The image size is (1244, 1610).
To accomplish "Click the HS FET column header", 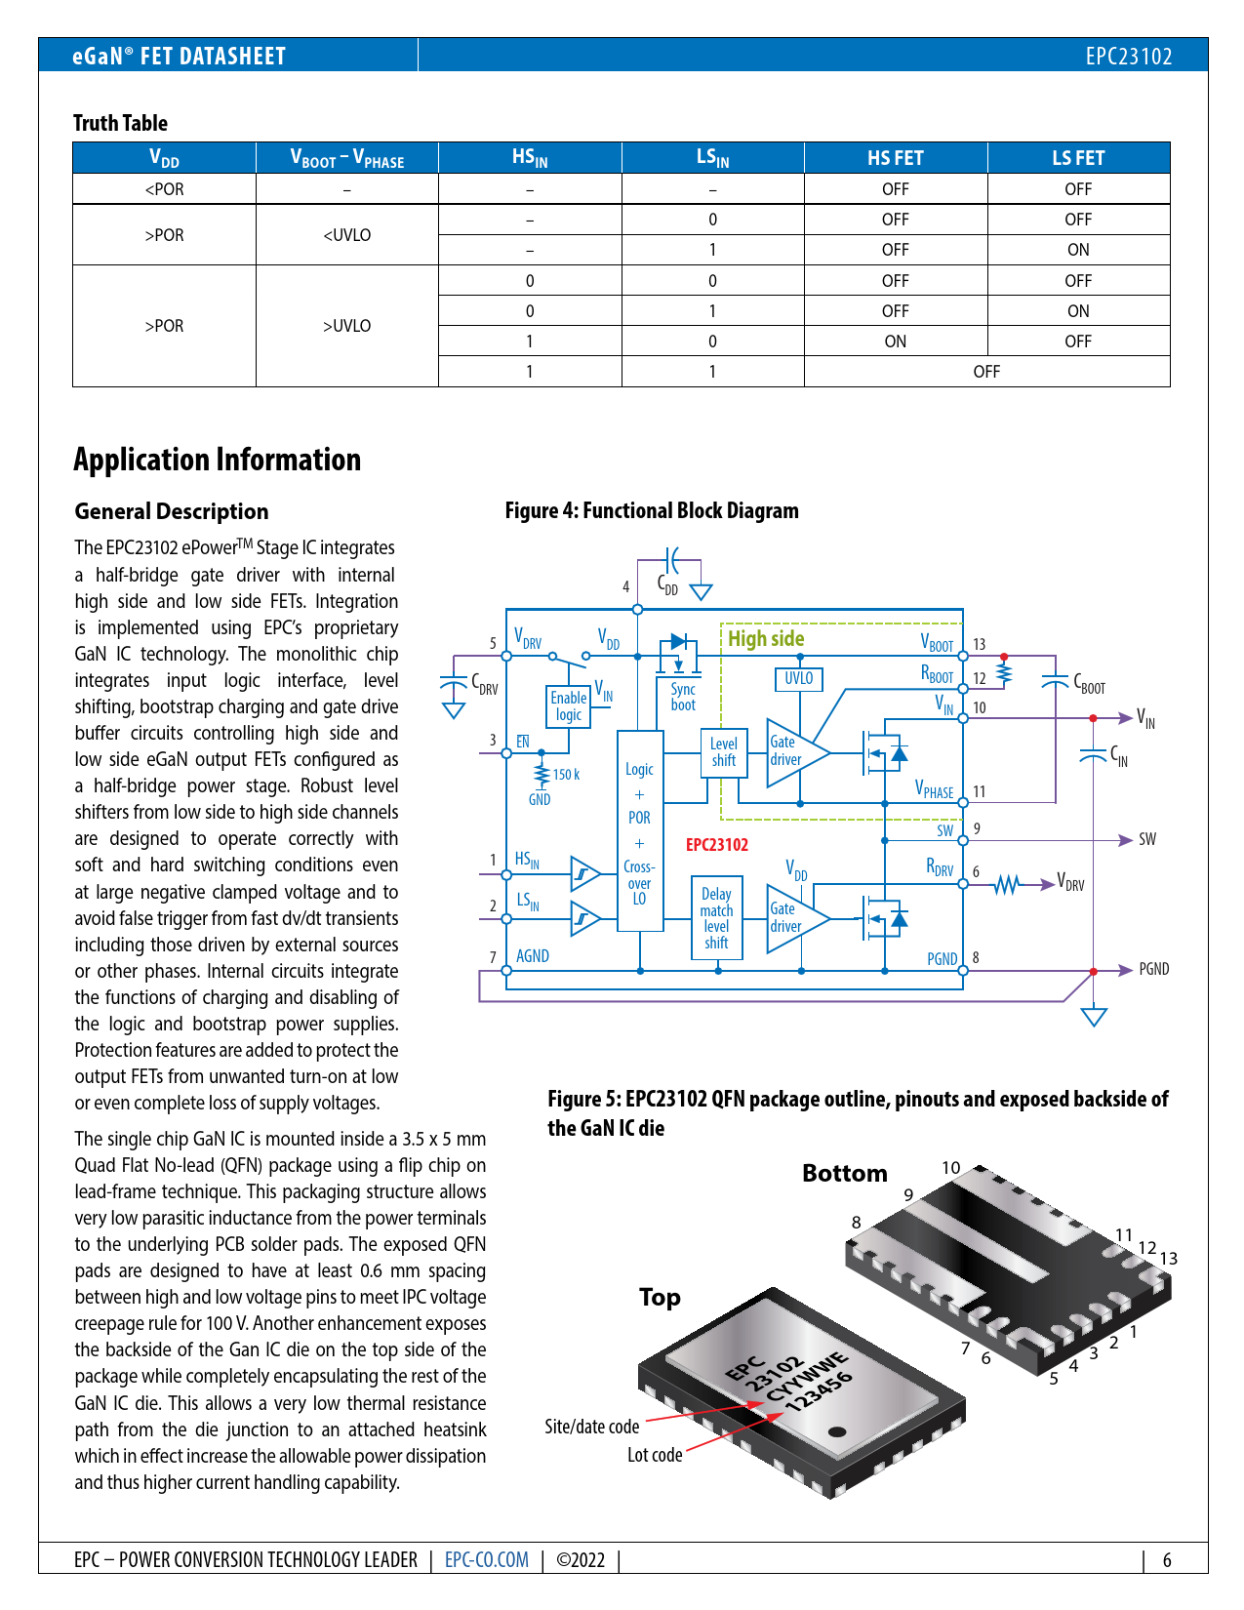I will (x=895, y=158).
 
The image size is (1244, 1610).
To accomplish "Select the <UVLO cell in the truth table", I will (x=346, y=235).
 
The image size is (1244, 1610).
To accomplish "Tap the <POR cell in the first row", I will (x=164, y=189).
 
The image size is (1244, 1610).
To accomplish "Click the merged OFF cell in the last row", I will (x=986, y=372).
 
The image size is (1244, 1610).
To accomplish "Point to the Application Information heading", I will (x=218, y=460).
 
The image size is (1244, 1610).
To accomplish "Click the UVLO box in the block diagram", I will (x=798, y=678).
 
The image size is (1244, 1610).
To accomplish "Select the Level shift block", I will (x=724, y=752).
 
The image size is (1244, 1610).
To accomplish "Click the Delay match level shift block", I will (x=716, y=918).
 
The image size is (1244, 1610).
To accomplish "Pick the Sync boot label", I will (x=683, y=697).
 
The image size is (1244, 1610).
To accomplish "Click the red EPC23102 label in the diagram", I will (x=717, y=845).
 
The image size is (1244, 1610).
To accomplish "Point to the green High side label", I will (x=766, y=639).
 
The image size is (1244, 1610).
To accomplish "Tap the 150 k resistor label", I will (x=566, y=775).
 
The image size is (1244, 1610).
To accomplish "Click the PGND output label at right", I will (x=1153, y=969).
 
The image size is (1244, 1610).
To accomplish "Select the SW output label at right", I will (x=1147, y=839).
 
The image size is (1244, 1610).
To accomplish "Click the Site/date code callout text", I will (x=591, y=1427).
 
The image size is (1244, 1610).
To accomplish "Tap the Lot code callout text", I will (x=655, y=1455).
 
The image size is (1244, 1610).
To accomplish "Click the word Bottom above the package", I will (x=845, y=1173).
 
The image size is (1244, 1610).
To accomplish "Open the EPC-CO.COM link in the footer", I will (x=487, y=1559).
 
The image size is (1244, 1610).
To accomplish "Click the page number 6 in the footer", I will (x=1167, y=1560).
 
